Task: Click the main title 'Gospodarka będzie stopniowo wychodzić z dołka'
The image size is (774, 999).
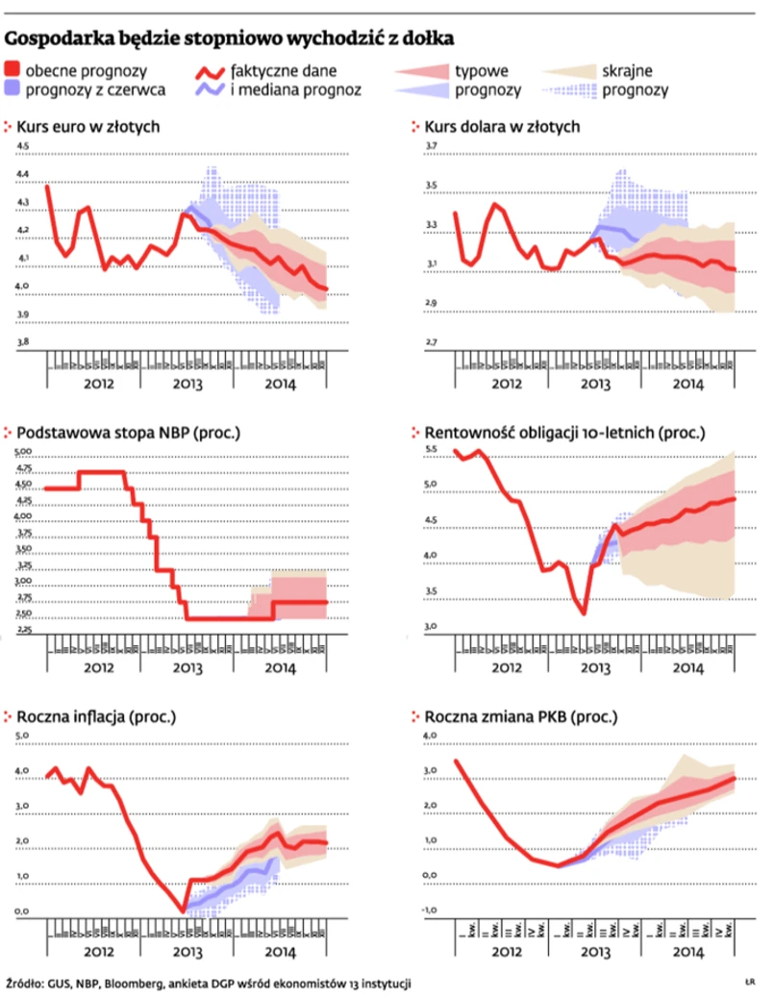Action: (x=230, y=37)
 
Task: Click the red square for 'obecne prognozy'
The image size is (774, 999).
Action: (x=12, y=69)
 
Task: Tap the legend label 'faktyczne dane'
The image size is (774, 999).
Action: (x=284, y=70)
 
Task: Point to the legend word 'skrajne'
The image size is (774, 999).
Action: (x=628, y=70)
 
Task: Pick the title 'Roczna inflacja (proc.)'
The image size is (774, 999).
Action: (x=100, y=716)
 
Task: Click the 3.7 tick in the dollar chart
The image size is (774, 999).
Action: (x=431, y=146)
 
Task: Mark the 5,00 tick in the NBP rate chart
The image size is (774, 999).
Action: (x=22, y=452)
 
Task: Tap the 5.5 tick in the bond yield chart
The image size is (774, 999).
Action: (x=431, y=450)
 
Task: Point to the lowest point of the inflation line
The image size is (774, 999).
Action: (x=183, y=910)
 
